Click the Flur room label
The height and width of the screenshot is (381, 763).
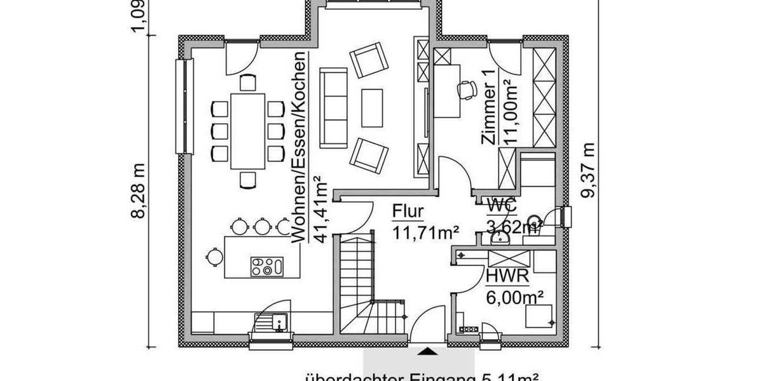408,211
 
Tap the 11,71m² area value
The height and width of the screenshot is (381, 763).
425,233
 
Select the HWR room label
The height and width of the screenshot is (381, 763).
504,277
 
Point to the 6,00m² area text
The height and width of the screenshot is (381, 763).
515,296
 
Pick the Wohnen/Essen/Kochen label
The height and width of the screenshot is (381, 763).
299,146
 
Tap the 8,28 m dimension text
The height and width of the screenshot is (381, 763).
139,190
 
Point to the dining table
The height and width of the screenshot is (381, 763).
247,131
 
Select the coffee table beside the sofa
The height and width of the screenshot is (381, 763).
373,108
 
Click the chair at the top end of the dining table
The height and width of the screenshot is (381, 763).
247,82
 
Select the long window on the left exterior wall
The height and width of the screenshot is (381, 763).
184,106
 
